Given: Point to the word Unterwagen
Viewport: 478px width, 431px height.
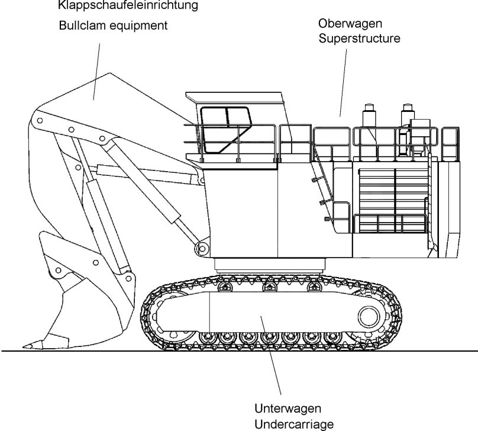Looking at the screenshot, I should pos(288,409).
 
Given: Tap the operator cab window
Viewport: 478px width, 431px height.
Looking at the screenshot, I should pos(224,128).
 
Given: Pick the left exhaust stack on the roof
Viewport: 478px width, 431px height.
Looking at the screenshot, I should pos(369,115).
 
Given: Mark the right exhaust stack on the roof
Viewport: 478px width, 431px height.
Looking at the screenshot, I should pos(406,115).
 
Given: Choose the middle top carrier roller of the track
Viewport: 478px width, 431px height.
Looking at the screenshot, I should pos(270,288).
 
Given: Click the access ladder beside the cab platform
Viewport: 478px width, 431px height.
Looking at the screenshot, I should pos(322,184).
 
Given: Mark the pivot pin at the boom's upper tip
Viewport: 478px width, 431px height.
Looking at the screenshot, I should pos(38,120).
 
